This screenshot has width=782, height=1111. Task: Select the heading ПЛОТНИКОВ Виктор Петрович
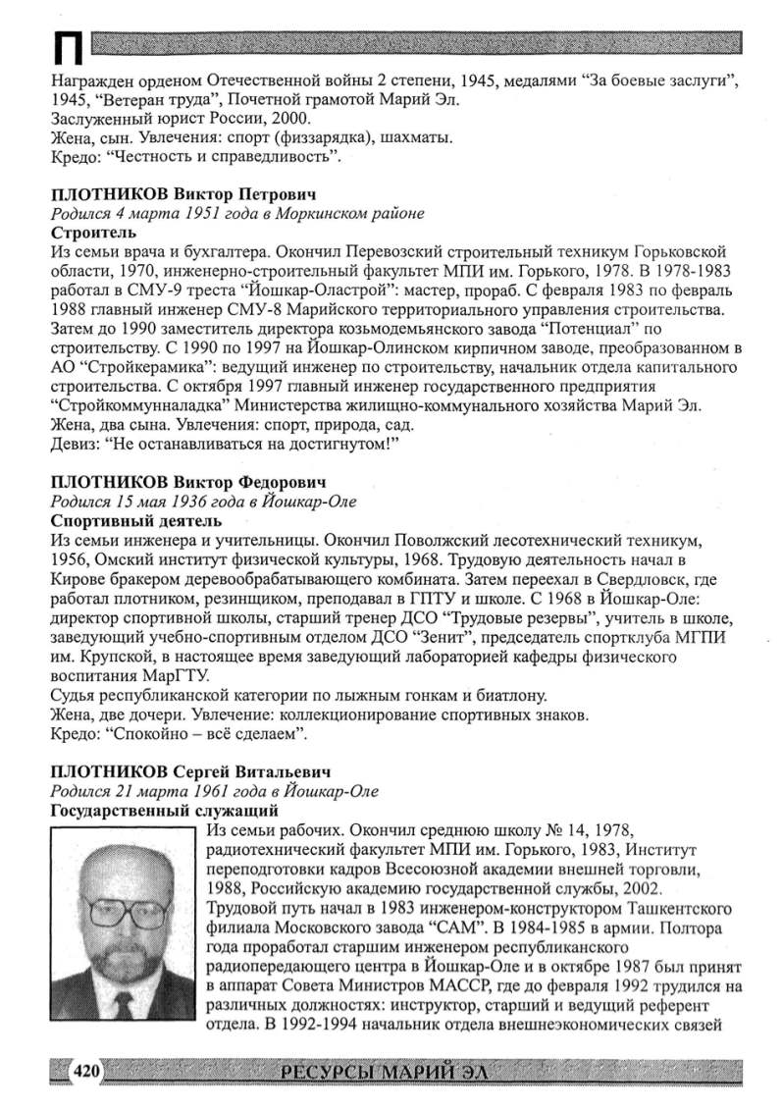point(183,193)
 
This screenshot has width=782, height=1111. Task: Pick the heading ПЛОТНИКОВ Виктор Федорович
point(187,482)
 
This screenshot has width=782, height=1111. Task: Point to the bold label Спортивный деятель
point(135,521)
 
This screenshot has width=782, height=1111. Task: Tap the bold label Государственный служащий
point(163,811)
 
